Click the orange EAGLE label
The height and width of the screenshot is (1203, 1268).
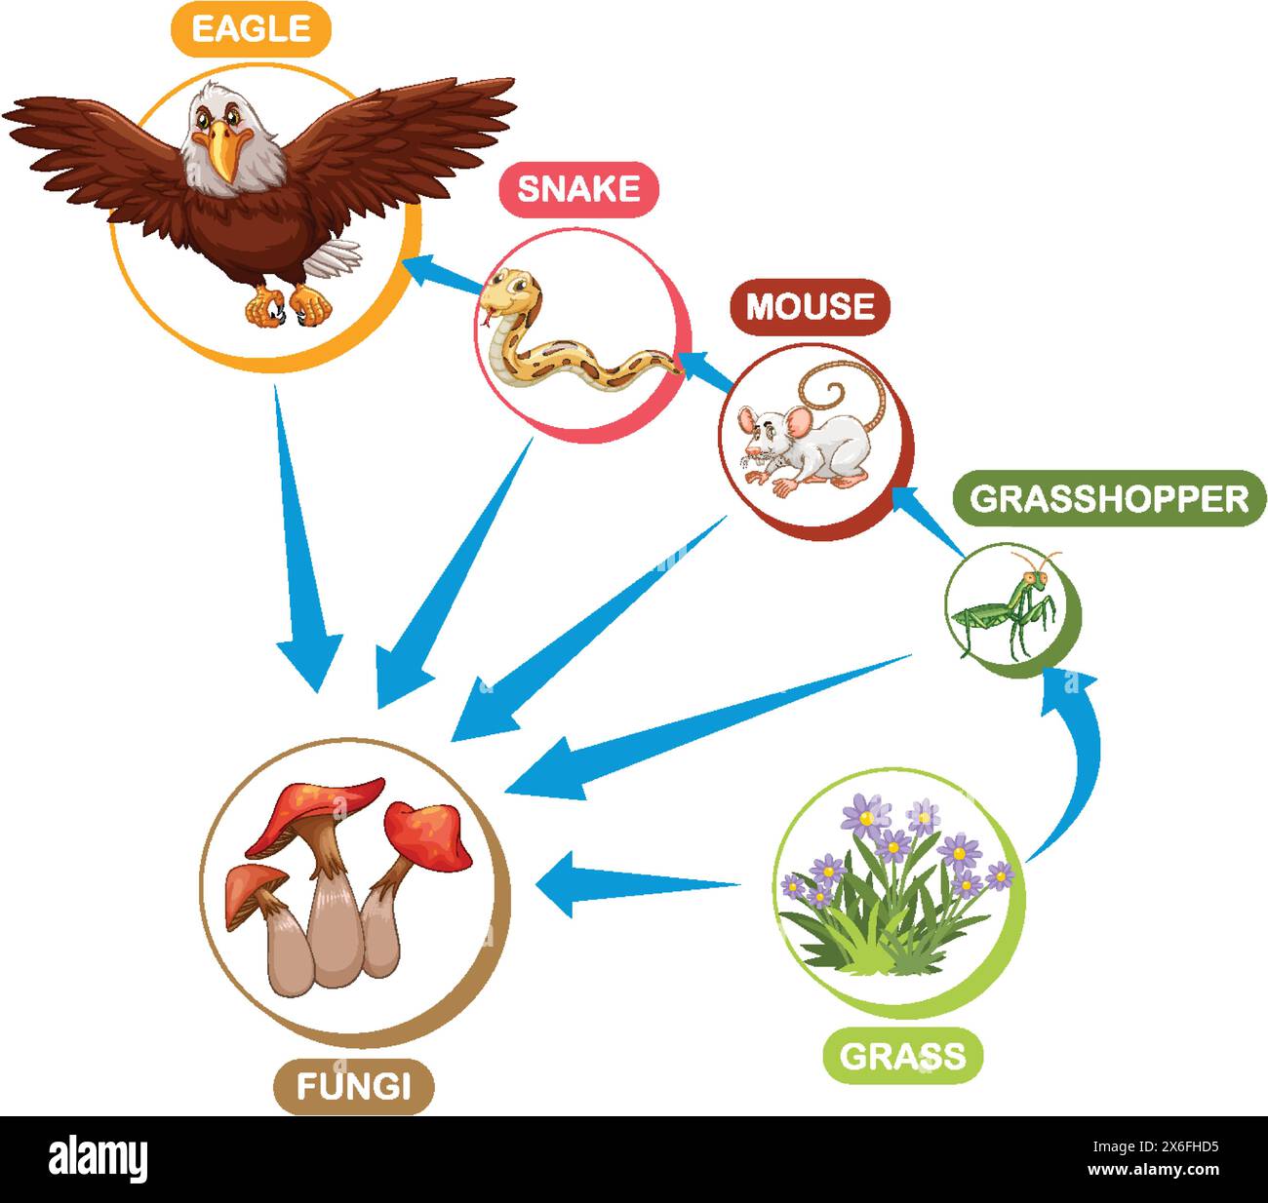(251, 29)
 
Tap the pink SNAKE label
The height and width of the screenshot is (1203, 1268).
(578, 189)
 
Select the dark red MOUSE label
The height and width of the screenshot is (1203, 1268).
(810, 306)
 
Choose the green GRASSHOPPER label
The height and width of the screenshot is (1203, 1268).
(1109, 498)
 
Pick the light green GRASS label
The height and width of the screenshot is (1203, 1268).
(903, 1056)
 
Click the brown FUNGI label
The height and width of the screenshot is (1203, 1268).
(354, 1086)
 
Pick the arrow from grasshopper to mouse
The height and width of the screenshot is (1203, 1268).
(927, 520)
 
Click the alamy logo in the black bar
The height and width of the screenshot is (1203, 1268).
(99, 1158)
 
